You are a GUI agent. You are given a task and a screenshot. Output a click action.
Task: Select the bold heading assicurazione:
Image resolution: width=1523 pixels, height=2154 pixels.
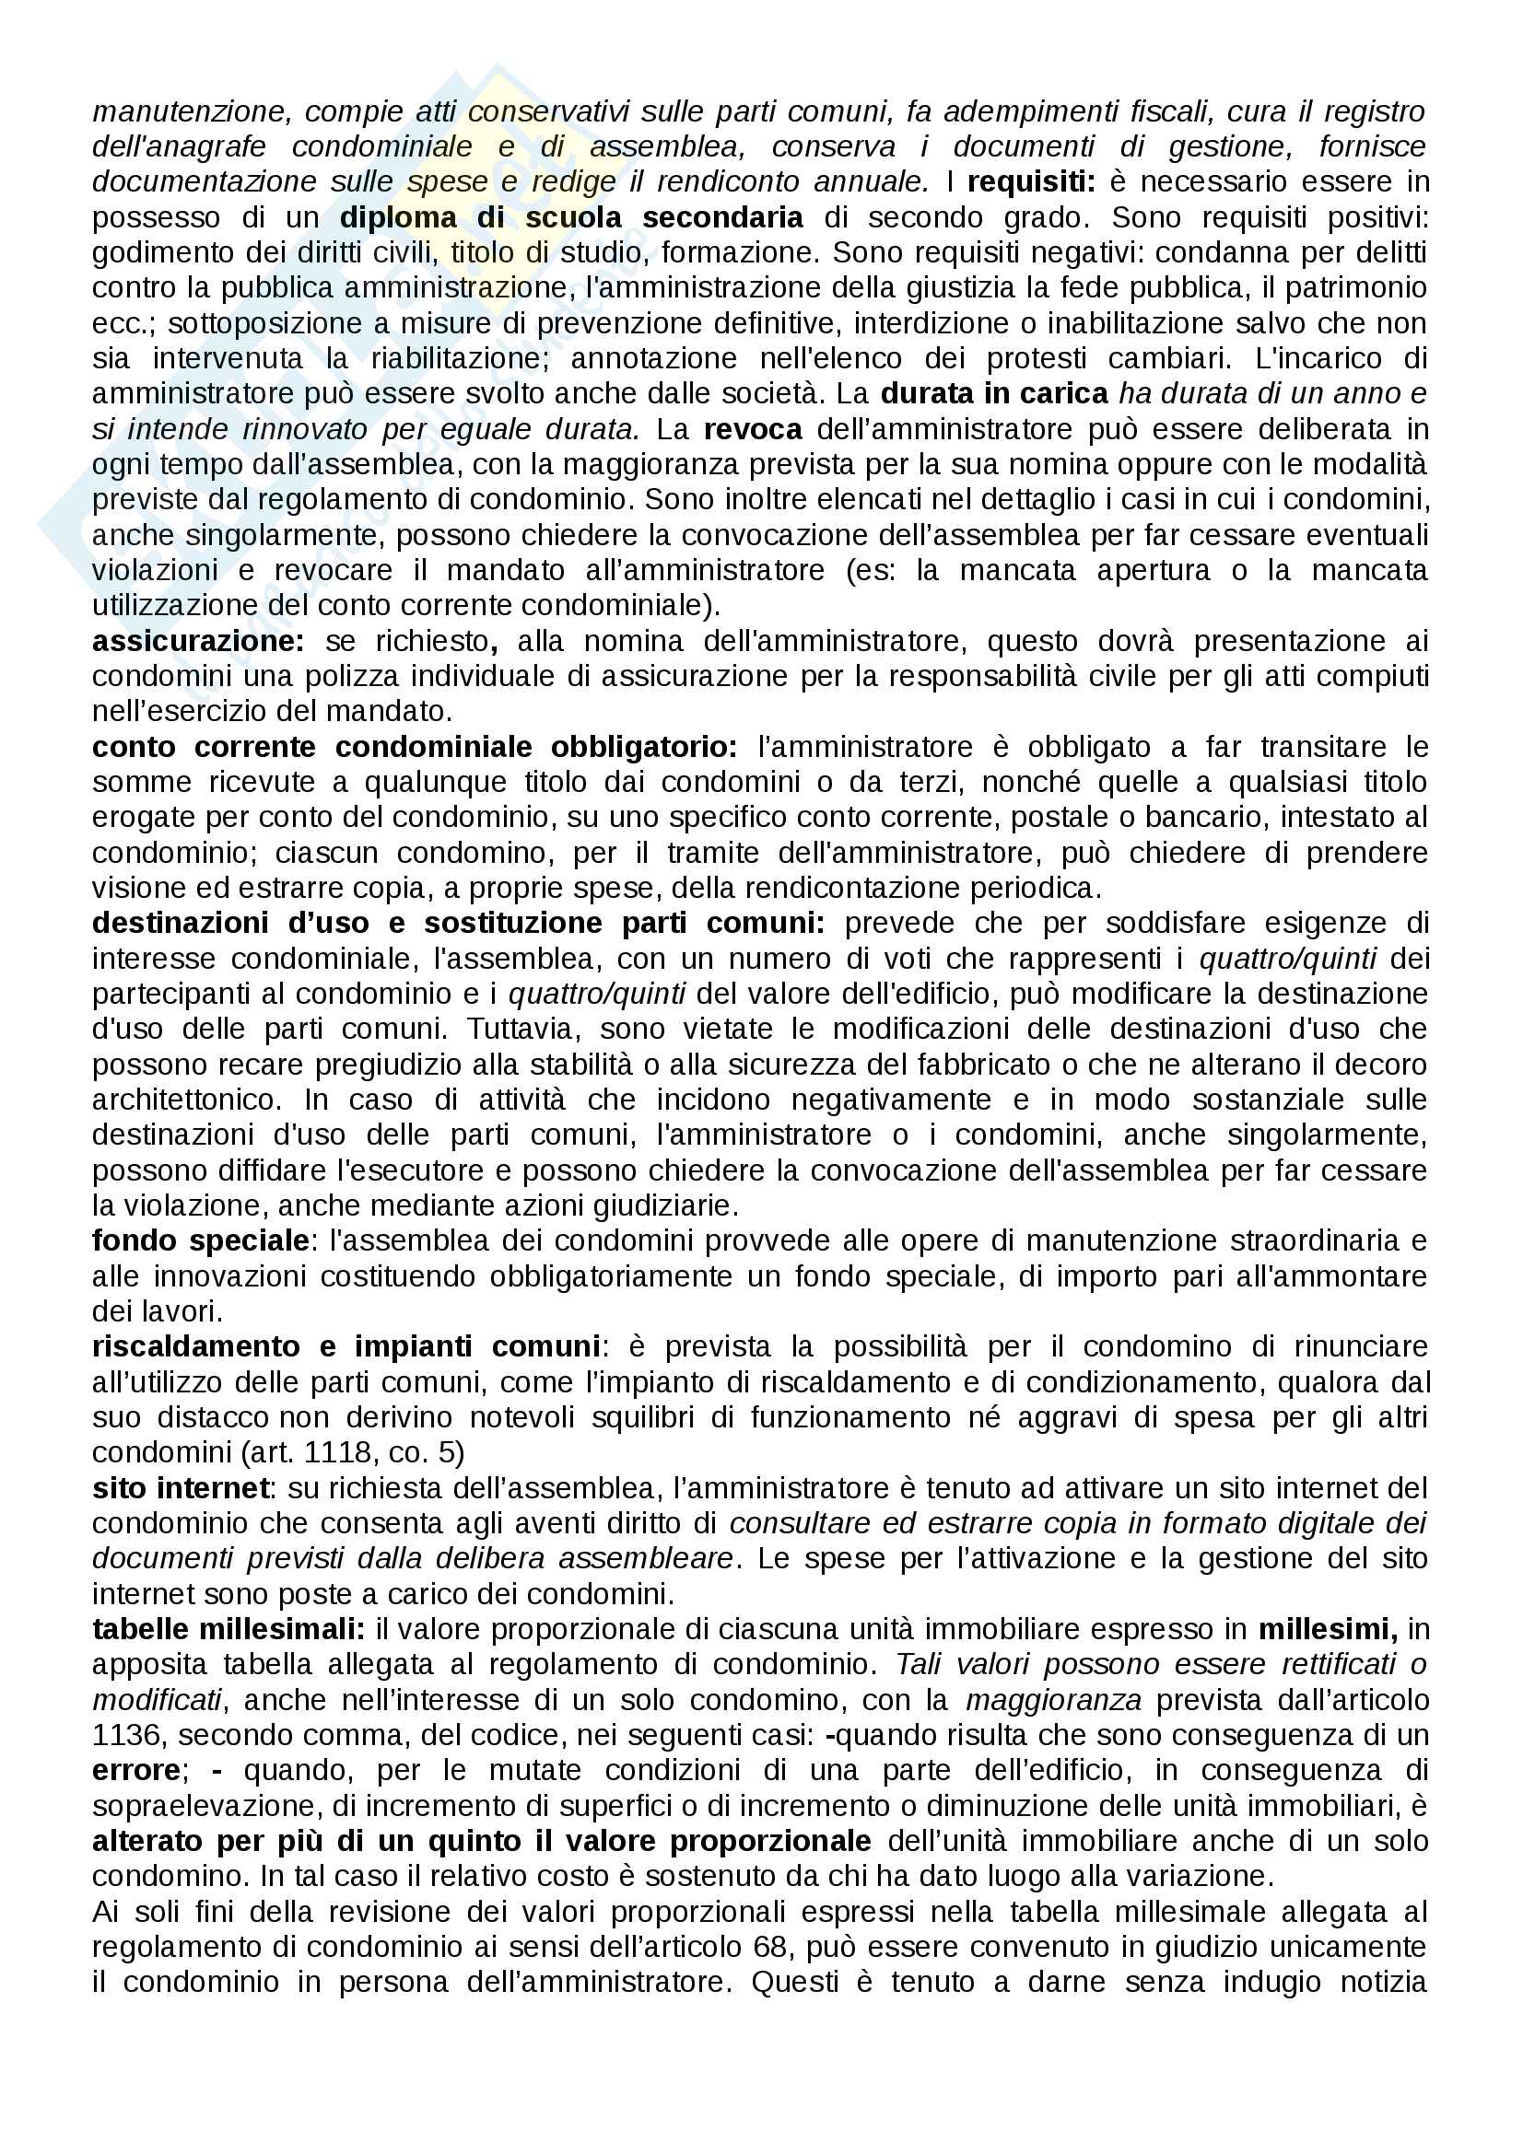point(198,642)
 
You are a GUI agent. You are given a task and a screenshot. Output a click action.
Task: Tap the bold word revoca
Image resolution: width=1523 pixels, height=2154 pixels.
point(753,430)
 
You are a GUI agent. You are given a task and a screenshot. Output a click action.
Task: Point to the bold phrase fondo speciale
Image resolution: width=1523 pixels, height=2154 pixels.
point(201,1241)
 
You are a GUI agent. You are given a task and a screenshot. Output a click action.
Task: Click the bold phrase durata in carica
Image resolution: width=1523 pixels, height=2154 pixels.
point(995,394)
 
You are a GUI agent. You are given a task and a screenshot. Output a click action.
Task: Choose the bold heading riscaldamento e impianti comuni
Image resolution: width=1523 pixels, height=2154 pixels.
point(346,1347)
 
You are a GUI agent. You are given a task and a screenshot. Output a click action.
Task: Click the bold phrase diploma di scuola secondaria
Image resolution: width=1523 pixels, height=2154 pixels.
point(570,217)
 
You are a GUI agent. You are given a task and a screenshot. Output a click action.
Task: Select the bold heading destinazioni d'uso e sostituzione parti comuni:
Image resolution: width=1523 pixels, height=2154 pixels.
point(458,924)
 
